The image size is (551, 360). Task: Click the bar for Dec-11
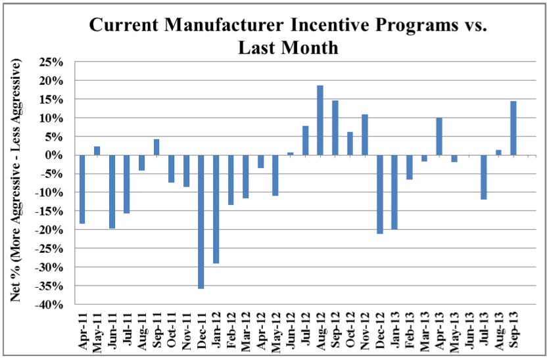coord(201,221)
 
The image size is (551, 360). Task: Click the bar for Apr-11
coord(82,189)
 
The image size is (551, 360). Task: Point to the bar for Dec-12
coord(379,194)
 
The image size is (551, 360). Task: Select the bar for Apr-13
coord(439,137)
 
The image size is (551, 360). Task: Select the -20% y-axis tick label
coord(53,231)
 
